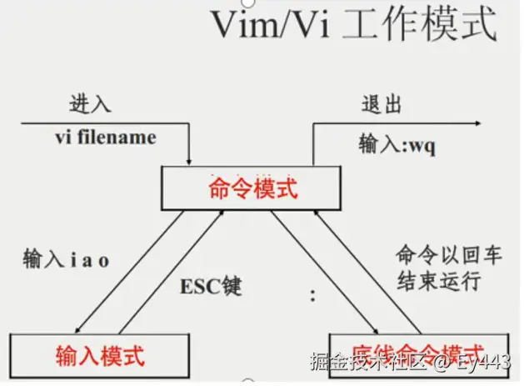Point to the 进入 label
pos(90,106)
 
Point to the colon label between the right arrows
pos(313,294)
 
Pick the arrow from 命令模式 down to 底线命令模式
pos(322,267)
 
